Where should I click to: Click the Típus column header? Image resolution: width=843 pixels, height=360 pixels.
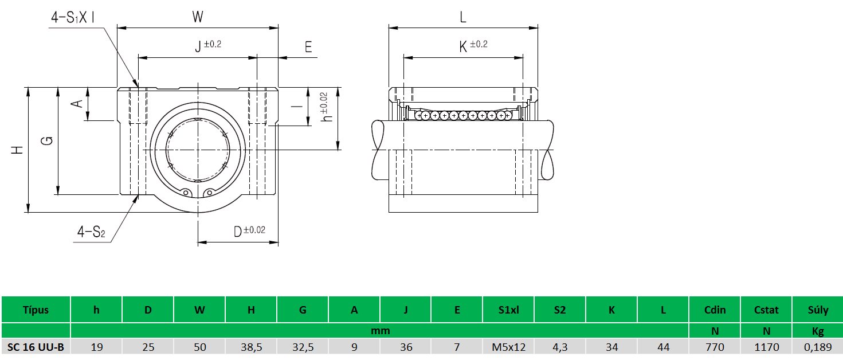click(36, 310)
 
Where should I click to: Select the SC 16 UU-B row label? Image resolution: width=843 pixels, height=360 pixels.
click(36, 346)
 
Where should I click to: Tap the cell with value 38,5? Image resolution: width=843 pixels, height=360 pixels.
click(251, 346)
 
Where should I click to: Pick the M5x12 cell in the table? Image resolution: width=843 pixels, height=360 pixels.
click(508, 346)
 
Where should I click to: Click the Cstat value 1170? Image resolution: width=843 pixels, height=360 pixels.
click(766, 346)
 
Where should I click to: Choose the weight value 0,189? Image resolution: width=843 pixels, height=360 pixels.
click(817, 346)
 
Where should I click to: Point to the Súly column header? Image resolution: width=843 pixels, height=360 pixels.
click(817, 310)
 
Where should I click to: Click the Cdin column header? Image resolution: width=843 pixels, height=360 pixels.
click(715, 310)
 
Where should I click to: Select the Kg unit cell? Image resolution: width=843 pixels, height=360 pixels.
click(817, 331)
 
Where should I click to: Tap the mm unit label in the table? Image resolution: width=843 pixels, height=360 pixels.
click(380, 331)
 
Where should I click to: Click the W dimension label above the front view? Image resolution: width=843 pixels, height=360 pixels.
click(198, 17)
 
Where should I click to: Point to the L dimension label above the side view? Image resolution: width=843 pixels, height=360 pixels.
click(463, 17)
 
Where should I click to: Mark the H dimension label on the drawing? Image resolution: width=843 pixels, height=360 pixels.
click(18, 150)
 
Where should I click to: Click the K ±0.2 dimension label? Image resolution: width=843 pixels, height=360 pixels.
click(473, 46)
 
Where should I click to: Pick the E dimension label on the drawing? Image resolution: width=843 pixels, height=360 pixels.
click(308, 47)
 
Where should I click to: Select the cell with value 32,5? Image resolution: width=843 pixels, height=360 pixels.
click(303, 346)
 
